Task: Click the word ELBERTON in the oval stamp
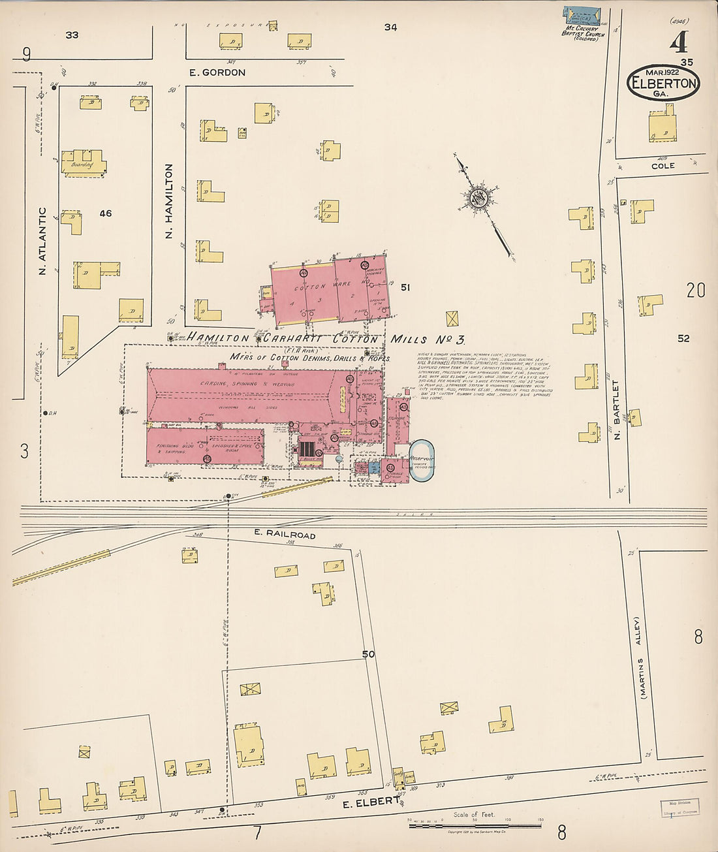click(663, 84)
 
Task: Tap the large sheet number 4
click(678, 42)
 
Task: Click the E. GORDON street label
click(217, 72)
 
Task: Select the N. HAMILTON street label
click(168, 201)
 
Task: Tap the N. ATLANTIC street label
click(42, 241)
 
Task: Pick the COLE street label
click(663, 166)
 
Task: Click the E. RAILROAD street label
click(285, 535)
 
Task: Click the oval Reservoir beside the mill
click(422, 461)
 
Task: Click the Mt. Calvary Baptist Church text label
click(583, 33)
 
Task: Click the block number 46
click(106, 213)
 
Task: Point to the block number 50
click(369, 654)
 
